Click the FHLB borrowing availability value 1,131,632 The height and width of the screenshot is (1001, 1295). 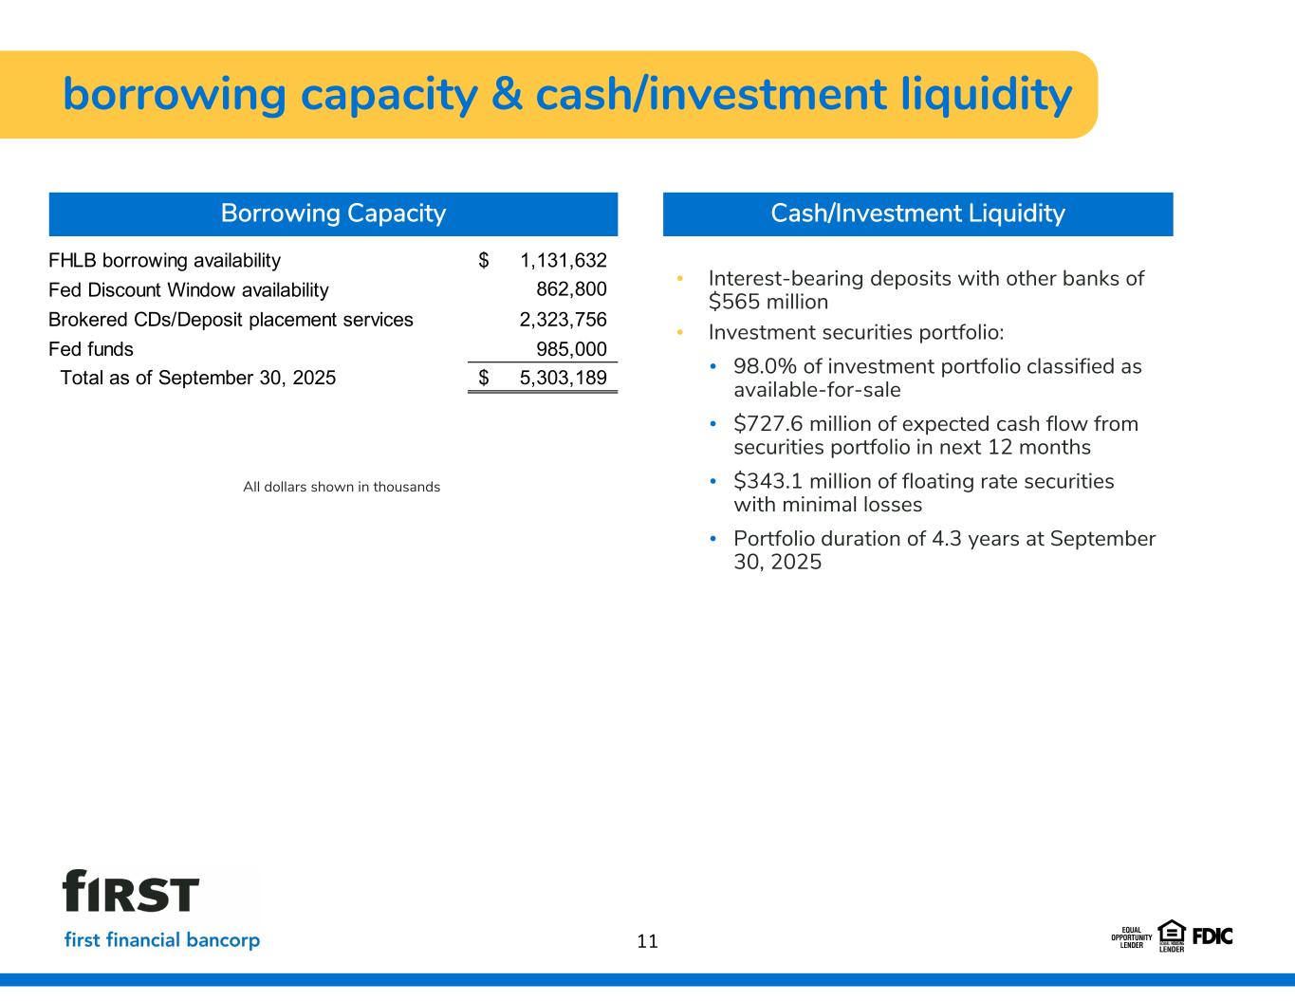pyautogui.click(x=563, y=261)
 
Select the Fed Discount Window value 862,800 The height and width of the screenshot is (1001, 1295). pyautogui.click(x=571, y=289)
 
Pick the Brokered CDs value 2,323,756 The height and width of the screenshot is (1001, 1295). pyautogui.click(x=563, y=320)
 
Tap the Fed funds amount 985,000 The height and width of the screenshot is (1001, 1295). pyautogui.click(x=571, y=349)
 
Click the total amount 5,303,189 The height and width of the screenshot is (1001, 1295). pyautogui.click(x=563, y=378)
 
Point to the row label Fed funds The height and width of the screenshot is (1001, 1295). pyautogui.click(x=91, y=349)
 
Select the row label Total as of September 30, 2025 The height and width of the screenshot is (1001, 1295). pyautogui.click(x=197, y=378)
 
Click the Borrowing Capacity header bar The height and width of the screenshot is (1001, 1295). pyautogui.click(x=333, y=213)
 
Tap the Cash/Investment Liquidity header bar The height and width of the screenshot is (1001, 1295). pyautogui.click(x=917, y=213)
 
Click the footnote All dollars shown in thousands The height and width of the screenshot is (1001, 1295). pyautogui.click(x=342, y=487)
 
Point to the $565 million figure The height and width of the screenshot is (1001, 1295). pyautogui.click(x=768, y=303)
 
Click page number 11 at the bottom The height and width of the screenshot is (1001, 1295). pyautogui.click(x=647, y=941)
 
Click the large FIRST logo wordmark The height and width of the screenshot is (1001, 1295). pyautogui.click(x=131, y=892)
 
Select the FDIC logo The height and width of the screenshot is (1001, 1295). pyautogui.click(x=1212, y=936)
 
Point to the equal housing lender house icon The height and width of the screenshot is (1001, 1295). pyautogui.click(x=1172, y=932)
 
